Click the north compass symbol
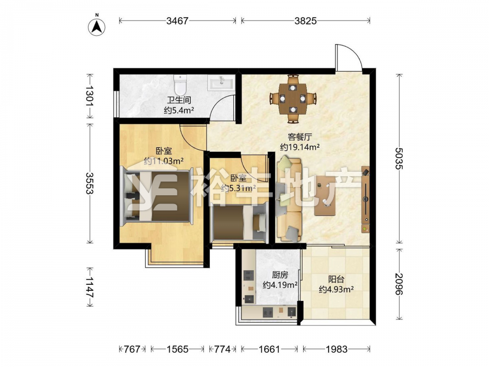96,26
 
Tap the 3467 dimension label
178,21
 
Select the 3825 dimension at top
305,21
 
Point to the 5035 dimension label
399,158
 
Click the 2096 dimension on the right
399,284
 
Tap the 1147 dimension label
90,287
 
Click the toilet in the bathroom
180,85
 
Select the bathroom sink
222,83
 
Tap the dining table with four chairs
292,98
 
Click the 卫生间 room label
179,100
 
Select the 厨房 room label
280,275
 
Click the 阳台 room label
336,279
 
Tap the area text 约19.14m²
300,147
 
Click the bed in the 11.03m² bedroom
157,196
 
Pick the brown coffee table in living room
325,195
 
